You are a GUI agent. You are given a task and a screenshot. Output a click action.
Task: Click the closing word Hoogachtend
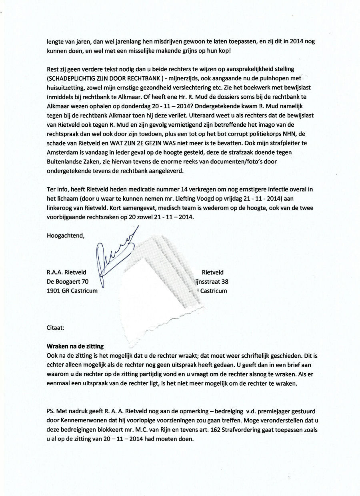66,235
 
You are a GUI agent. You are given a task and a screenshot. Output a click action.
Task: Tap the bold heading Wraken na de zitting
75,346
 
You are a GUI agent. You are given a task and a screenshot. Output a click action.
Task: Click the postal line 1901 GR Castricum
72,291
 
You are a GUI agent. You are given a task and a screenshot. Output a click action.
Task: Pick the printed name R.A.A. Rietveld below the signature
66,272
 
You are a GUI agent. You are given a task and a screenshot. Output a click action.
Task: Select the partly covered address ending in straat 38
212,281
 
